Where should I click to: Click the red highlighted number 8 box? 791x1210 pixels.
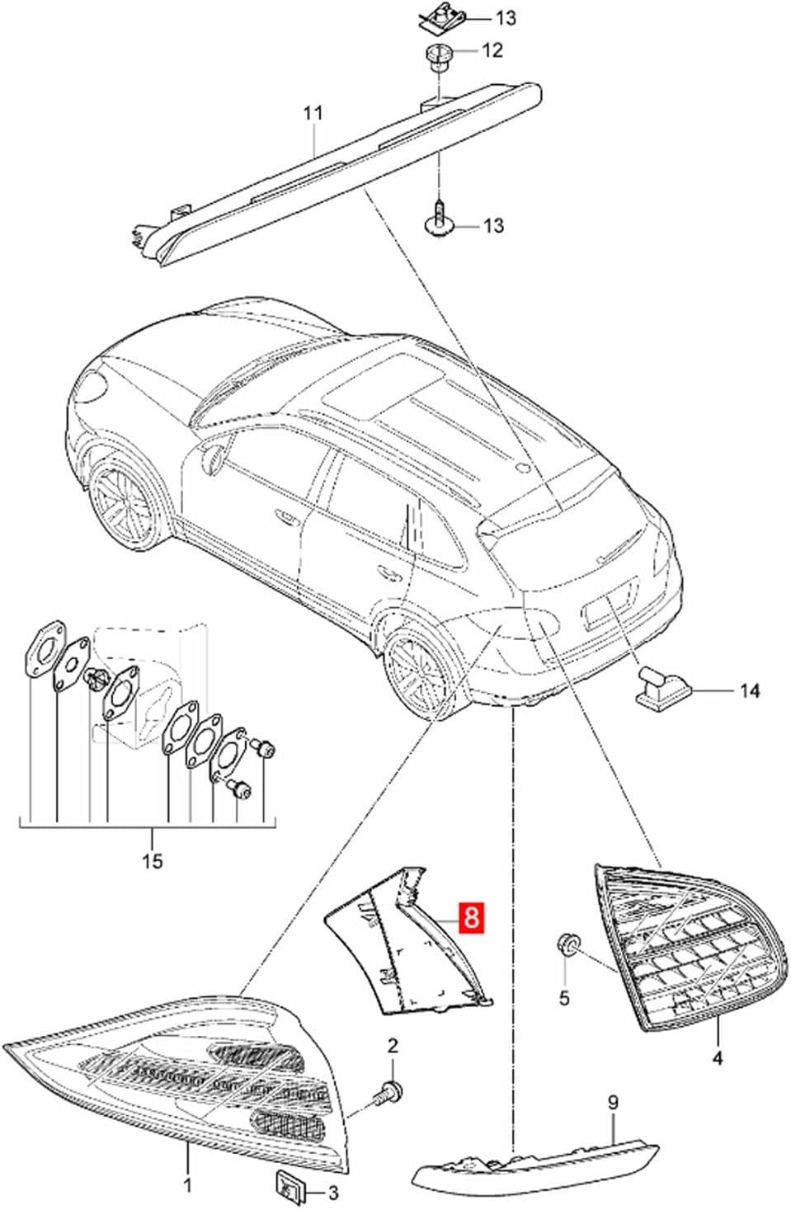click(471, 916)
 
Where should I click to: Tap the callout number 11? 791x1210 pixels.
click(313, 114)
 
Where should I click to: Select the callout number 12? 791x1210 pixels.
click(492, 50)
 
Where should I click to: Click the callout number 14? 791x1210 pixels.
click(750, 690)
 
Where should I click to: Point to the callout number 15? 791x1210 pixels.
click(153, 860)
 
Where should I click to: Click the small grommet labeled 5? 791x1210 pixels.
click(566, 944)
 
